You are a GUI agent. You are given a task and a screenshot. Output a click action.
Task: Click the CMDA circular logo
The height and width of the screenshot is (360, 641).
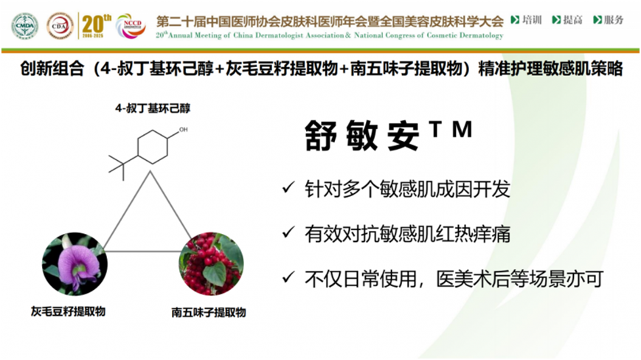(25, 26)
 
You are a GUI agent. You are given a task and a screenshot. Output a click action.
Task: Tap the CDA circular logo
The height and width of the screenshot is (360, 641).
(60, 26)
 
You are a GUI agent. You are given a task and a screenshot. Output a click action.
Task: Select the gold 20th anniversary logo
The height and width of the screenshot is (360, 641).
(96, 26)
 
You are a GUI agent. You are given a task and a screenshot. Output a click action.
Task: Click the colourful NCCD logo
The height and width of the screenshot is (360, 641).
(131, 26)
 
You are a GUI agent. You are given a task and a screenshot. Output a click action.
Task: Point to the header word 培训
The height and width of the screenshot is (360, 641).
(532, 20)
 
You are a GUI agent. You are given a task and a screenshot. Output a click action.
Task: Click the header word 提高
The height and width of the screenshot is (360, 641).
(572, 20)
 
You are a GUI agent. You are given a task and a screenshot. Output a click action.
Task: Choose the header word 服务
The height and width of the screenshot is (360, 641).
(614, 20)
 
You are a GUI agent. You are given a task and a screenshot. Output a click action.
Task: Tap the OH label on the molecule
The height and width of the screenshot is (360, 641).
(184, 130)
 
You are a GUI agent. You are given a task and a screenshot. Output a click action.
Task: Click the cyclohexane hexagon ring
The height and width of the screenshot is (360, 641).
(153, 147)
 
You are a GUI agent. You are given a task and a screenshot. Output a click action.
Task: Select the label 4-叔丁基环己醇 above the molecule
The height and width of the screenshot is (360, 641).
(153, 108)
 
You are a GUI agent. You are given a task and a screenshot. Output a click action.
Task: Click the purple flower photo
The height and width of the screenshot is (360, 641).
(75, 264)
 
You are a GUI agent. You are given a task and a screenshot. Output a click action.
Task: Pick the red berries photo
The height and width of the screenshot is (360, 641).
(212, 264)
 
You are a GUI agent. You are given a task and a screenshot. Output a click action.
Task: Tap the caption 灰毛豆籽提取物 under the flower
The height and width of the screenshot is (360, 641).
(69, 311)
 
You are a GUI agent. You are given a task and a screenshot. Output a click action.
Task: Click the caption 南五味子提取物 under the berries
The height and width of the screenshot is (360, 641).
(209, 313)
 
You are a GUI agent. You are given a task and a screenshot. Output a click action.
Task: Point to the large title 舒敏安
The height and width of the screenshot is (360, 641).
(361, 136)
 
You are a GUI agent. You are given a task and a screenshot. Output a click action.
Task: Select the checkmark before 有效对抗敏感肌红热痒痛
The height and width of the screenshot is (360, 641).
(288, 232)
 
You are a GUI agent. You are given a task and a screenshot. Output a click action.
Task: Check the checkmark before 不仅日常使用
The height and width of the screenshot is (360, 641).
(288, 277)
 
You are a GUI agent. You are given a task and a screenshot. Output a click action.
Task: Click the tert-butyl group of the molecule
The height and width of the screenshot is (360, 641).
(122, 165)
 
